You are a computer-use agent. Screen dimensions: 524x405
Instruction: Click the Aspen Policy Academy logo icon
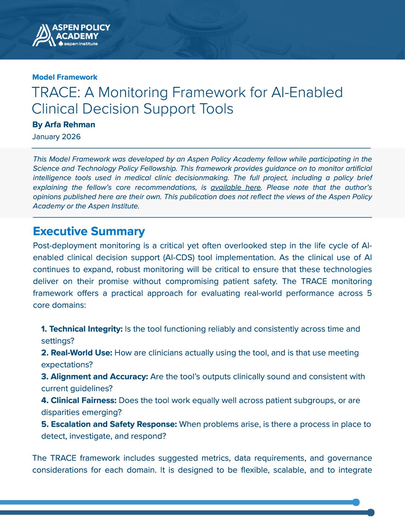(x=42, y=35)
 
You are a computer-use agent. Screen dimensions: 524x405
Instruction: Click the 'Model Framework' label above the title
(x=65, y=77)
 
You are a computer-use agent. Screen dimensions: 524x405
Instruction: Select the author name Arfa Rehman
(x=70, y=125)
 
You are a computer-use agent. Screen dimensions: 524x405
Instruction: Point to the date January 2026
(x=56, y=137)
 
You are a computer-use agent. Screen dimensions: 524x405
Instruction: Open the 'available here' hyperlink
(x=236, y=187)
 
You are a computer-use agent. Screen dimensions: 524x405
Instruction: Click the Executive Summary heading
(x=89, y=231)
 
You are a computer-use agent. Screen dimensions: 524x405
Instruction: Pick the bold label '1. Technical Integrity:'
(x=82, y=329)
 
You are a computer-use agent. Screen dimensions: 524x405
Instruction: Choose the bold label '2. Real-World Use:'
(x=77, y=353)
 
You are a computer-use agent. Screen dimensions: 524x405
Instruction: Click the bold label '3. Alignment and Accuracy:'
(x=95, y=377)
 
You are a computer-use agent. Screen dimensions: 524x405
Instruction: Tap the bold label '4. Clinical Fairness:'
(x=79, y=400)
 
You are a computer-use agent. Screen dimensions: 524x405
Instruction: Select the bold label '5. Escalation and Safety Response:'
(x=109, y=424)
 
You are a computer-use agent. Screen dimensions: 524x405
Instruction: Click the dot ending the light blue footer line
(x=356, y=502)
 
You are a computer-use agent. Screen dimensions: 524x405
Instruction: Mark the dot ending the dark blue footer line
(x=371, y=512)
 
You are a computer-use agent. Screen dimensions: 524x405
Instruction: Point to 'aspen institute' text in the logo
(x=81, y=44)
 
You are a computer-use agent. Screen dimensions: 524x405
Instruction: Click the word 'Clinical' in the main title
(x=55, y=109)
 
